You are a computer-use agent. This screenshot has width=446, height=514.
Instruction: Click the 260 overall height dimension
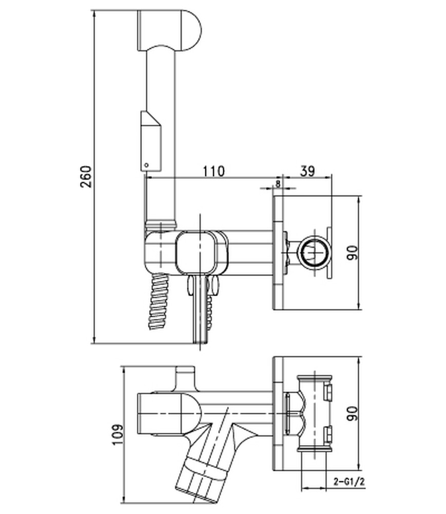point(86,177)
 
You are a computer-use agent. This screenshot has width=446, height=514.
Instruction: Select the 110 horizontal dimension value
point(213,171)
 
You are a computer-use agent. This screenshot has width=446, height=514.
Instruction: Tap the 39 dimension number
point(307,171)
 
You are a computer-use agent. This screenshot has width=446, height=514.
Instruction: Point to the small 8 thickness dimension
point(278,182)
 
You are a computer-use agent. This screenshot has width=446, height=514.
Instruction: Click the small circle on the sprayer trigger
point(147,165)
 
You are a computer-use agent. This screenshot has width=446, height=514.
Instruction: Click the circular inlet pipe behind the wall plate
point(313,252)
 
